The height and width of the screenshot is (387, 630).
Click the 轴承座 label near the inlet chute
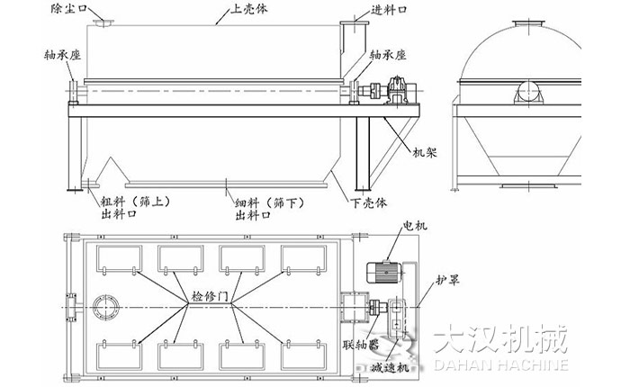coord(392,55)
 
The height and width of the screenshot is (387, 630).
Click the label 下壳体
coord(377,201)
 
